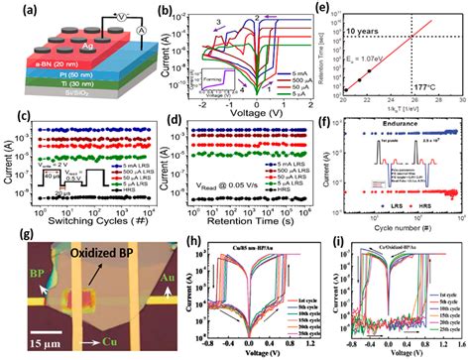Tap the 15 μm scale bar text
[29, 342]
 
